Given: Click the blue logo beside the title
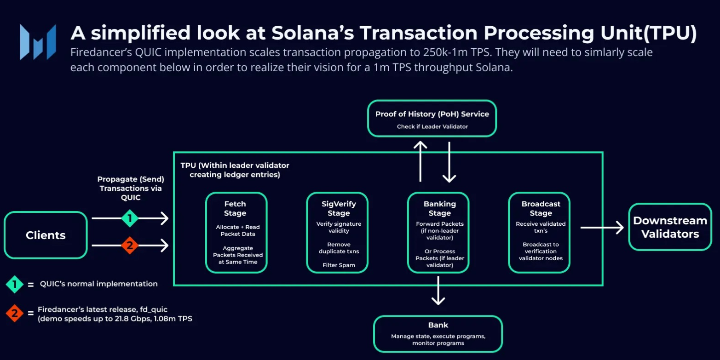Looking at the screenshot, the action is pos(38,42).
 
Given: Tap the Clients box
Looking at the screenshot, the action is pos(46,235).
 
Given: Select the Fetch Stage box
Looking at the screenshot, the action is pos(236,233).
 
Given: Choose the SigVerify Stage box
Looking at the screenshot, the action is pos(337,233).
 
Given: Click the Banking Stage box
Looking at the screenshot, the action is pos(438,233).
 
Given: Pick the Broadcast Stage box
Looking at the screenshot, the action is pos(539,233).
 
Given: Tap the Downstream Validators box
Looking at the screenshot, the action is pos(670,227).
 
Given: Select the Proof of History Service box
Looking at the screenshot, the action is pos(432,119).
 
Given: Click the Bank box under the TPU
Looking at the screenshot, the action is pos(438,334).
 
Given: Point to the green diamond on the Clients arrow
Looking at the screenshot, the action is pos(130,218).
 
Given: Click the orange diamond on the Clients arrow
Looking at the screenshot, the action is pos(130,246).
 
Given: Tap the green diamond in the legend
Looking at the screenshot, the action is pos(14,284).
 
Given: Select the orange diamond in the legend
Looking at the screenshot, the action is pos(14,313).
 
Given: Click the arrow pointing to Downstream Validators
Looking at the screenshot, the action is pos(602,228).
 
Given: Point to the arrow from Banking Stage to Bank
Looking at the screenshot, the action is pos(438,291).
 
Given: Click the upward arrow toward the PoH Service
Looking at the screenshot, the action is pos(420,161).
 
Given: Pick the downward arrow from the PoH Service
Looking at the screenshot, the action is pos(449,162).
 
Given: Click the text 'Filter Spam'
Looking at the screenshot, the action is pos(339,265).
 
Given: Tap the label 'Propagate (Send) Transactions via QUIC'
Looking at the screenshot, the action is pos(131,188).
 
